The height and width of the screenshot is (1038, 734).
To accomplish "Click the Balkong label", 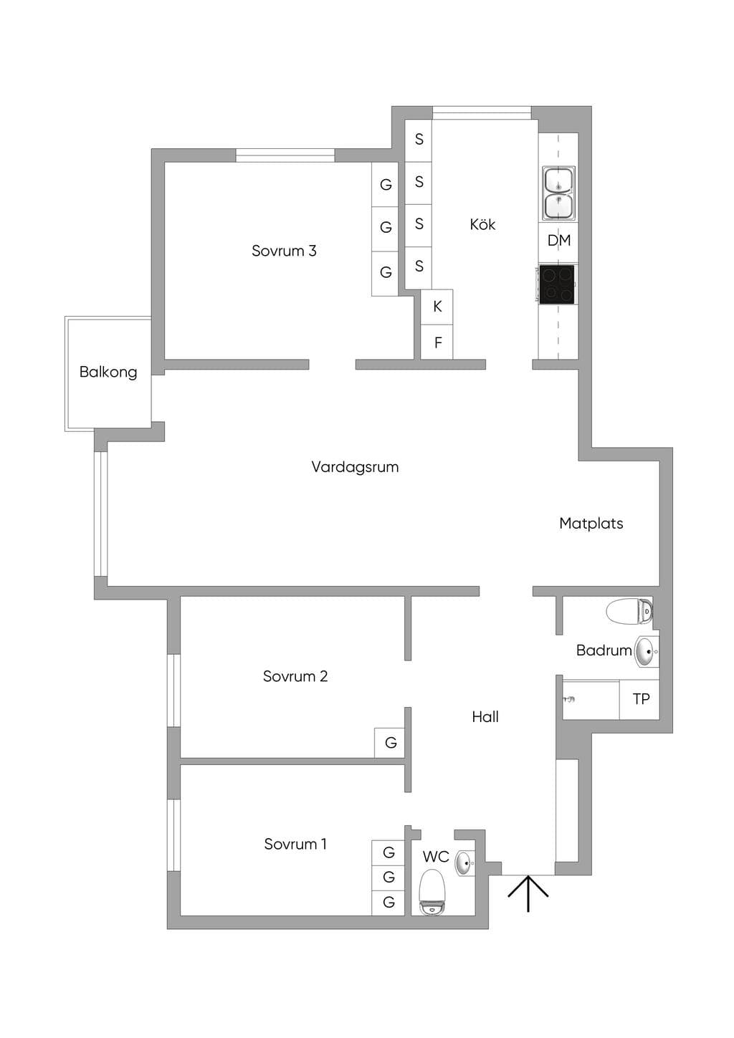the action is (x=108, y=372).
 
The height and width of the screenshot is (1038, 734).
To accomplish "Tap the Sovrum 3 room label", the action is (x=284, y=251).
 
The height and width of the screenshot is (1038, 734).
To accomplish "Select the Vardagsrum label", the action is (x=355, y=467).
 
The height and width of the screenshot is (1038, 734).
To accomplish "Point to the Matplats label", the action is (x=591, y=524).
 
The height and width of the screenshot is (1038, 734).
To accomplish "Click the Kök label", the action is (x=482, y=224).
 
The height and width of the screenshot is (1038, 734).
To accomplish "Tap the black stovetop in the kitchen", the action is (x=557, y=284).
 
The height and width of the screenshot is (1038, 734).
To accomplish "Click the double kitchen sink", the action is (x=558, y=193).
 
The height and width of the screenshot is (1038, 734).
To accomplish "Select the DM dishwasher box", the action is (x=558, y=241).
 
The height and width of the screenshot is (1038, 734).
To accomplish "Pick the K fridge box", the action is (x=437, y=307).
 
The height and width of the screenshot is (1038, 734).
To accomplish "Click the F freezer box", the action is (x=437, y=342).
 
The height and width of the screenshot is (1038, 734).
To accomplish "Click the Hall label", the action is (x=485, y=717).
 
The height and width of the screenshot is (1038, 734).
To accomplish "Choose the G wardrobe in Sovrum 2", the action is (x=390, y=743).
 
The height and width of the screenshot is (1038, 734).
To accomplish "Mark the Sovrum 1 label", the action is (x=295, y=844).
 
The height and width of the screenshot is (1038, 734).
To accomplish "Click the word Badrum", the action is (x=604, y=650).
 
